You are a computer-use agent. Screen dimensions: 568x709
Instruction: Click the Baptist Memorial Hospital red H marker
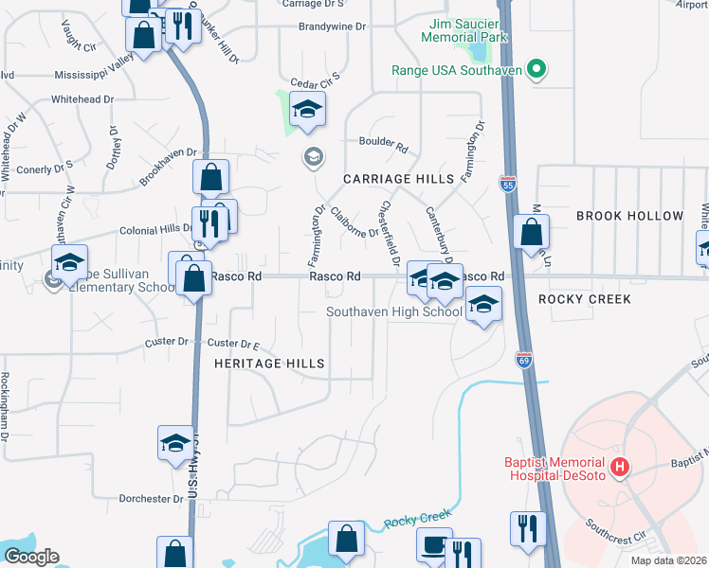620,466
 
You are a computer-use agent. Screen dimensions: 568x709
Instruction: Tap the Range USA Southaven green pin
536,69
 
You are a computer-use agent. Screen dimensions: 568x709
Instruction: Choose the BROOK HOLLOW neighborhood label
629,216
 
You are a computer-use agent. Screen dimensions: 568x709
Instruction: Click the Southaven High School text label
394,311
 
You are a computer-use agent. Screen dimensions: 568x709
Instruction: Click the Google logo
30,557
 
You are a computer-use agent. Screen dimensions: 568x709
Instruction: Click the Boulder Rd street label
383,148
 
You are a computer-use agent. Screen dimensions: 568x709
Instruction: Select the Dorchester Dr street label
151,498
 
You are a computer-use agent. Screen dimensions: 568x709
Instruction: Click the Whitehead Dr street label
82,98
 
